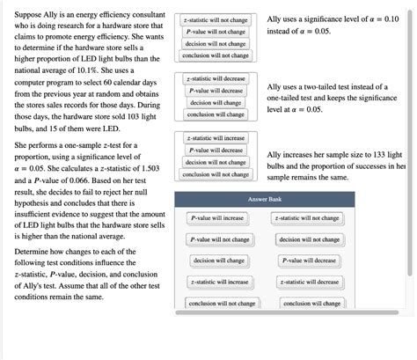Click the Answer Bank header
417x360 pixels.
(264, 200)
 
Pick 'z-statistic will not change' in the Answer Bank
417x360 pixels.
(307, 217)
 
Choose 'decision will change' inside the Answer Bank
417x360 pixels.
(217, 261)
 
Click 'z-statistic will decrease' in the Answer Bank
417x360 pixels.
(307, 282)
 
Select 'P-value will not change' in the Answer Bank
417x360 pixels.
(217, 239)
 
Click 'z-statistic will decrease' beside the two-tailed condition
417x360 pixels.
(216, 79)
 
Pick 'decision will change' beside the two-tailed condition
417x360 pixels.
(216, 103)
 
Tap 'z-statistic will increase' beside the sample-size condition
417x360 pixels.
(216, 138)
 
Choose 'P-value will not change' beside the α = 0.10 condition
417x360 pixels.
(216, 31)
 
